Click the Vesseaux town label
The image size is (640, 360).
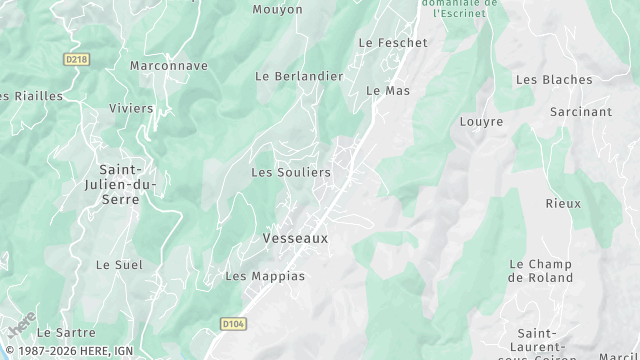coord(295,239)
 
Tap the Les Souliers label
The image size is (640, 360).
coord(290,173)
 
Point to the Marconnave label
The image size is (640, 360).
coord(169,66)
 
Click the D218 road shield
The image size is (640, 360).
coord(77,59)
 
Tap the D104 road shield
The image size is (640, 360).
coord(232,324)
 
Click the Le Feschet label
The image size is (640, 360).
coord(393,43)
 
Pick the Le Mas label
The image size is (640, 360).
coord(389,90)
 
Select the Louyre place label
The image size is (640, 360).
coord(481,122)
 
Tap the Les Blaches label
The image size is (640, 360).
coord(554,80)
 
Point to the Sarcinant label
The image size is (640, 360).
coord(581,112)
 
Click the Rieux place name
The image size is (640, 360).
coord(563,203)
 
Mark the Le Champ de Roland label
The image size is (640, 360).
coord(541,271)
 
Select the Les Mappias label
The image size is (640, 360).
coord(264,276)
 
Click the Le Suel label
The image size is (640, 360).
coord(119,265)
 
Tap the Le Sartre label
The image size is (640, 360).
coord(66,332)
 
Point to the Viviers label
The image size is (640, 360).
coord(131,108)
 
